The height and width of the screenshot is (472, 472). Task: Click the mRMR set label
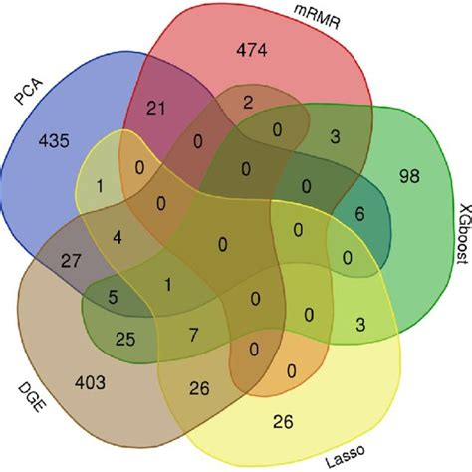[x=317, y=18]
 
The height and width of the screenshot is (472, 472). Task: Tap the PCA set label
[x=29, y=91]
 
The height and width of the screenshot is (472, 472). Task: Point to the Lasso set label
[x=345, y=456]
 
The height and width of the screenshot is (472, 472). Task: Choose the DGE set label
[x=31, y=397]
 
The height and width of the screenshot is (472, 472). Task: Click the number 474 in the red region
[x=252, y=51]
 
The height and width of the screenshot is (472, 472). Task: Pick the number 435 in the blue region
[x=54, y=140]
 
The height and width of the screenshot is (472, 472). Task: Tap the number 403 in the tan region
[x=90, y=382]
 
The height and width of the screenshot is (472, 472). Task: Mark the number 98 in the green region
[x=409, y=176]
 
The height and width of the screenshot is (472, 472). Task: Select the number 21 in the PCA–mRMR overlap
[x=155, y=109]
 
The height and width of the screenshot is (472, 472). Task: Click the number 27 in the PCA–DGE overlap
[x=71, y=261]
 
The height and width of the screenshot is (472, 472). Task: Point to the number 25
[x=125, y=339]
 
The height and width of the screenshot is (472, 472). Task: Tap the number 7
[x=193, y=335]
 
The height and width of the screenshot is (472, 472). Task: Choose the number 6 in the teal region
[x=359, y=214]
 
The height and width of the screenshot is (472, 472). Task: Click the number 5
[x=113, y=297]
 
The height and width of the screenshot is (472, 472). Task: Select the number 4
[x=118, y=238]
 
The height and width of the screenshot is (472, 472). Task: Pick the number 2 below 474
[x=248, y=103]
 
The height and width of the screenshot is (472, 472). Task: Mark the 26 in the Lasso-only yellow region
[x=283, y=422]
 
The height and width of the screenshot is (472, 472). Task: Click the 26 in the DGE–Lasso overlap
[x=199, y=388]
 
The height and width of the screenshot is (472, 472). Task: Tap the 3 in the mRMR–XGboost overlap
[x=335, y=136]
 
